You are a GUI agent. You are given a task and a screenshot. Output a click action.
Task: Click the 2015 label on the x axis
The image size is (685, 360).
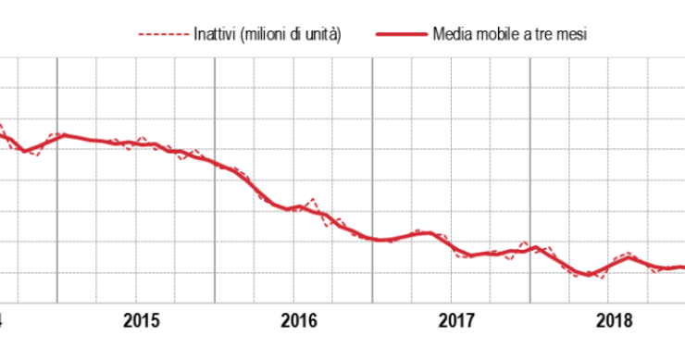pyautogui.click(x=141, y=321)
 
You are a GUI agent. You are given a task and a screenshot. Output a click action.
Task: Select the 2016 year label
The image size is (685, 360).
pyautogui.click(x=299, y=321)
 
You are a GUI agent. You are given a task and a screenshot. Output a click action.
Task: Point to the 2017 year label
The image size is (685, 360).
pyautogui.click(x=456, y=321)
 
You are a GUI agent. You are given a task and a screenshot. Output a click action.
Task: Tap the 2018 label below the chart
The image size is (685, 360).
pyautogui.click(x=614, y=321)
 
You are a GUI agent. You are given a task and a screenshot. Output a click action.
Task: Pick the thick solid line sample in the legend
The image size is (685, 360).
pyautogui.click(x=401, y=35)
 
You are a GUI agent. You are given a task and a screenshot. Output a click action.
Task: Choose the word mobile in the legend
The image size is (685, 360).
pyautogui.click(x=492, y=35)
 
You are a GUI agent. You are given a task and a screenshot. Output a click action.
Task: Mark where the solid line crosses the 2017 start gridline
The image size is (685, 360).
pyautogui.click(x=372, y=238)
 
